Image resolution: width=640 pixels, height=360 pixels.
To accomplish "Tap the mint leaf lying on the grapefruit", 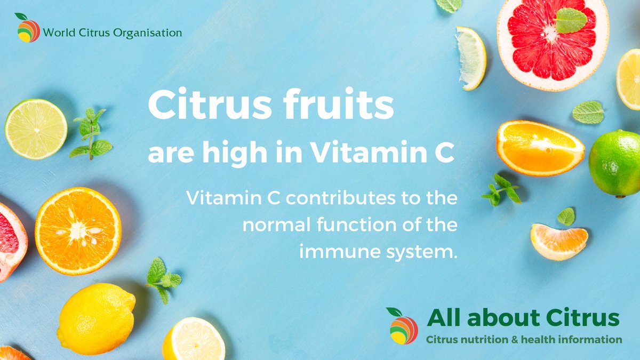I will pos(571,20).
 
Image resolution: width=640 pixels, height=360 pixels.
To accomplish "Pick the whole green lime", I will pos(614,163).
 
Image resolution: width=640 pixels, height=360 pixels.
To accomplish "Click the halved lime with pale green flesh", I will pos(36,129).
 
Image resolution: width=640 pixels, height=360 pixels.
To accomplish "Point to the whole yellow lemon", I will pos(96,318).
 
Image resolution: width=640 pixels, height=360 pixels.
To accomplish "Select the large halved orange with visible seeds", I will pos(78,231).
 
